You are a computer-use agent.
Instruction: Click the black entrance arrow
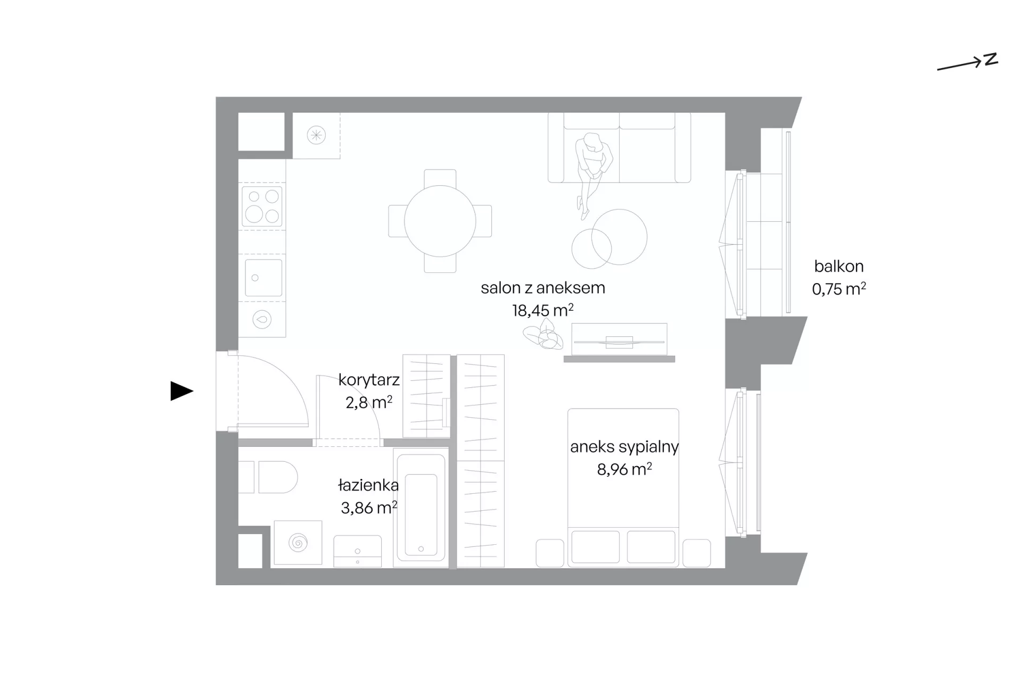pos(182,391)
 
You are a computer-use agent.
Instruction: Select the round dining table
pos(440,221)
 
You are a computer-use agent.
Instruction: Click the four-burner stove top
pos(262,206)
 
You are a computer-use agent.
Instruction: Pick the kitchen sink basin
pos(263,278)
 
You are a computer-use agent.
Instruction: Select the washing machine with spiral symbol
pos(298,543)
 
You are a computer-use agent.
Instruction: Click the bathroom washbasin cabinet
pos(357,551)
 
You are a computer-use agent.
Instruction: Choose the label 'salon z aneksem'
pos(542,288)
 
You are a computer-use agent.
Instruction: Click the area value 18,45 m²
pos(542,310)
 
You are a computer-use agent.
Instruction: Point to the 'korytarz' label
pos(369,380)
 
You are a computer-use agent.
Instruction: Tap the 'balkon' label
pos(839,266)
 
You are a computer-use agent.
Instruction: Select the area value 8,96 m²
pos(624,469)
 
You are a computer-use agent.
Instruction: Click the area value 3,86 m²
pos(369,508)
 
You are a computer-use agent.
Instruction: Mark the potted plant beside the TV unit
pos(543,335)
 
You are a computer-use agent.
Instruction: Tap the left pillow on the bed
pos(595,546)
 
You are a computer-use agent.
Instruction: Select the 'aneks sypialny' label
pos(624,447)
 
